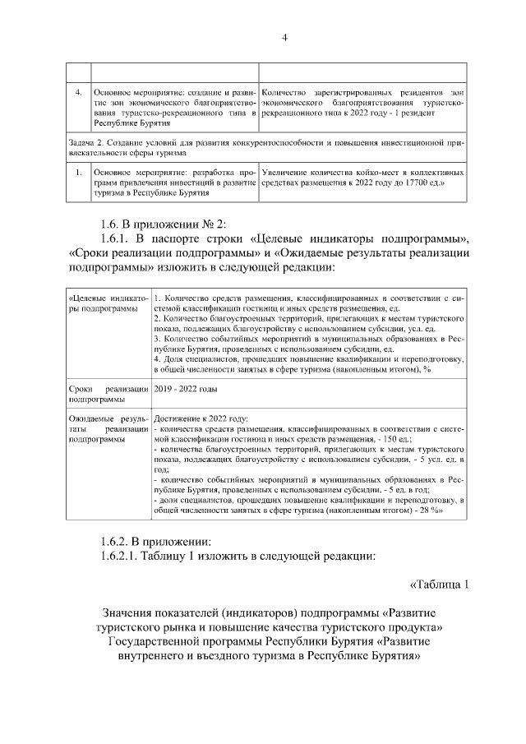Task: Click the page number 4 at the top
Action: [x=284, y=37]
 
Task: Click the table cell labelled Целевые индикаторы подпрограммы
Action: [x=108, y=302]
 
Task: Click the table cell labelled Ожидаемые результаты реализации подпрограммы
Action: [x=108, y=429]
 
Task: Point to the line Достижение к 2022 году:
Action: [x=201, y=418]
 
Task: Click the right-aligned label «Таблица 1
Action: [x=438, y=585]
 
